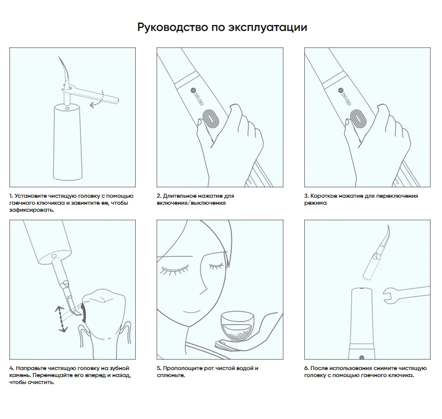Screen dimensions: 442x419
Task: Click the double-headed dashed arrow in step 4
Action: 61,319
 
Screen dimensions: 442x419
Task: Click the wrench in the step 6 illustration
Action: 407,295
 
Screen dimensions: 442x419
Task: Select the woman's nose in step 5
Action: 203,282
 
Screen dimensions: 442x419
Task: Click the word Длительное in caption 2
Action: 179,196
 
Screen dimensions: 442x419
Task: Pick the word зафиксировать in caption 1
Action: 31,210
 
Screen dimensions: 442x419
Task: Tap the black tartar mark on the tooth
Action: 84,313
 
